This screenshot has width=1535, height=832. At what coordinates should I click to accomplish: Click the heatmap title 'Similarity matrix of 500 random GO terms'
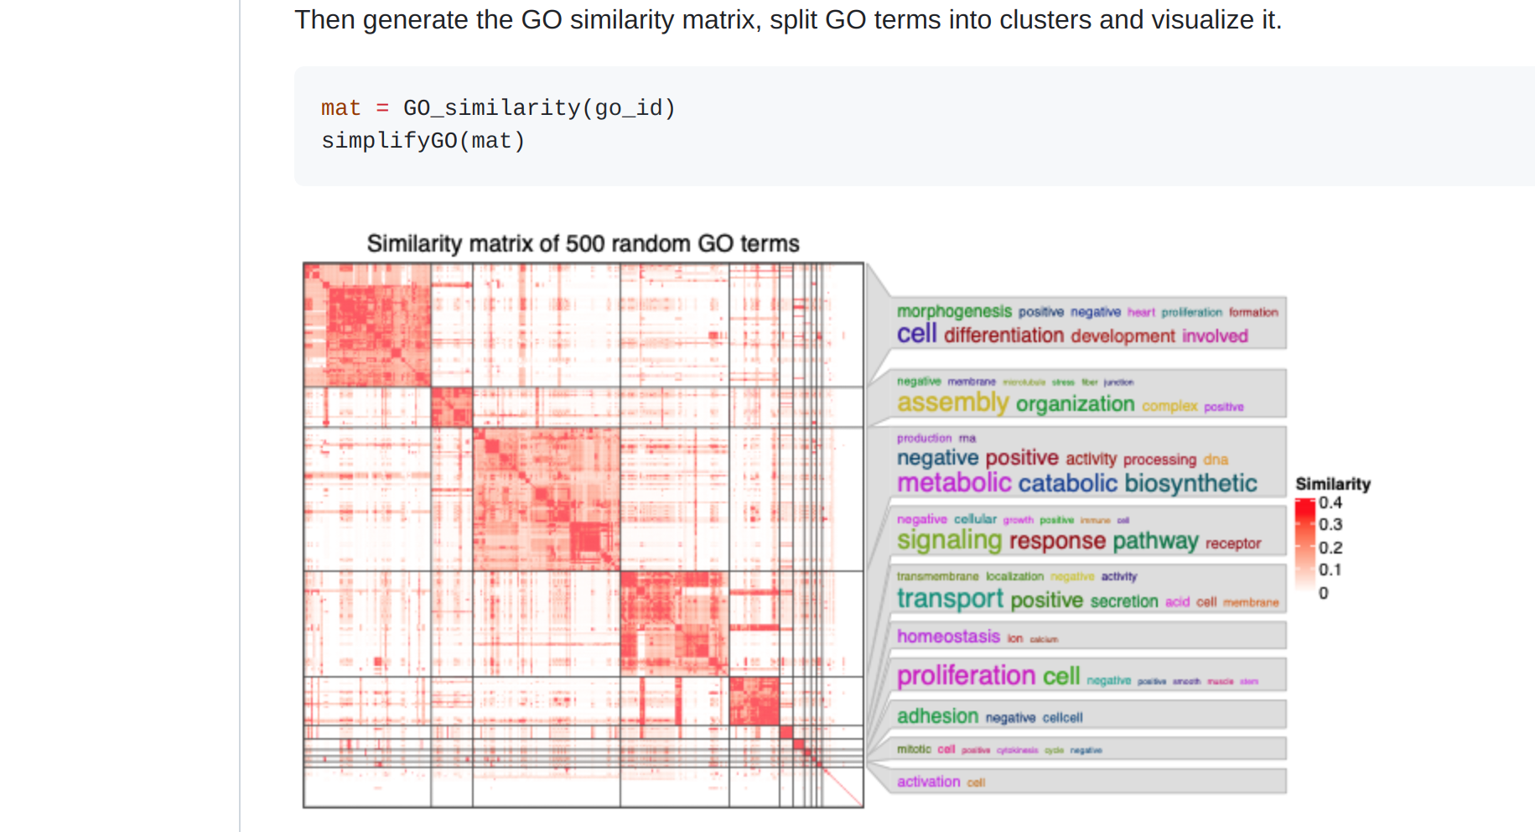583,243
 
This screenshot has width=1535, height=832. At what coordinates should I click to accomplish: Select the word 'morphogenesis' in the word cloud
954,311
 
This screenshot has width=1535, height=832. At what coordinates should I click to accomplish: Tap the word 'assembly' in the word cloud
952,403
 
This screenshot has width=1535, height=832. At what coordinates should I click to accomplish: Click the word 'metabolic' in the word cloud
954,483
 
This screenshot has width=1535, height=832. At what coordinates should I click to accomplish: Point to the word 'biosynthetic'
1190,483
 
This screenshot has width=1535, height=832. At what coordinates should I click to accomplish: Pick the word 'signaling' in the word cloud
949,541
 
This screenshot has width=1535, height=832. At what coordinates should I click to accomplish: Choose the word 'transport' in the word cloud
950,599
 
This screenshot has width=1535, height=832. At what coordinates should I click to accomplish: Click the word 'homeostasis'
948,637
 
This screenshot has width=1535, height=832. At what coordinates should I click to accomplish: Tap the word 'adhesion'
937,716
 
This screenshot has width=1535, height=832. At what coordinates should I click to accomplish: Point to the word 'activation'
928,782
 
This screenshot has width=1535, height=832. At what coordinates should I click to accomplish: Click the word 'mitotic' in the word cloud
914,749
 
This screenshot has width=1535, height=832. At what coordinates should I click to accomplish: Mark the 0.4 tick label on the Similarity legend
1330,502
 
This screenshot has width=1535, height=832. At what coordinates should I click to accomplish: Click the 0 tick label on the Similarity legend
1324,593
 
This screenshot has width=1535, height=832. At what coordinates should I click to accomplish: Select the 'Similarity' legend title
1332,484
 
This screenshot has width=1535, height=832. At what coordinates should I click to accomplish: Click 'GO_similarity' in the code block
492,108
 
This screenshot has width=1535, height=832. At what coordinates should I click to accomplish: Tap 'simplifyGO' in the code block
389,141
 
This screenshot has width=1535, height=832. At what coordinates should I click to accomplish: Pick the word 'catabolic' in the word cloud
1067,483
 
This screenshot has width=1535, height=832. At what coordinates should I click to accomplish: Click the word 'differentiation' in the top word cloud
1003,335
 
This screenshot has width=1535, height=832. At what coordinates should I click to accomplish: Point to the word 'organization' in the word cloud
1075,404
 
